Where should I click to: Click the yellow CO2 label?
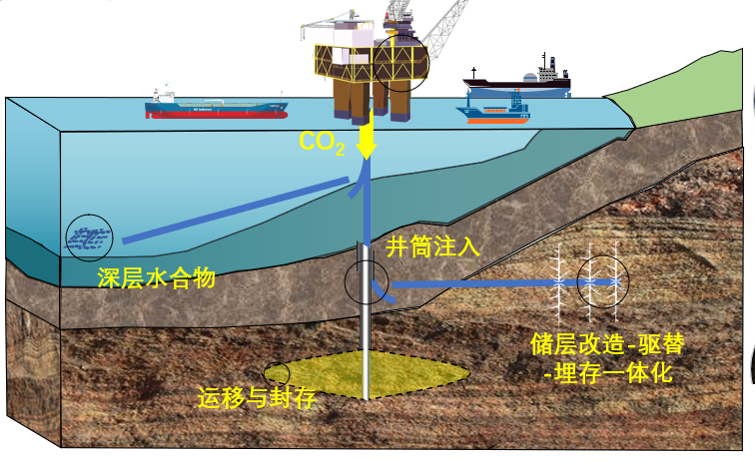pyautogui.click(x=323, y=143)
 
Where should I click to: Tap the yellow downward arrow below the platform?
pyautogui.click(x=367, y=136)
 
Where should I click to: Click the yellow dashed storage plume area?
pyautogui.click(x=399, y=375)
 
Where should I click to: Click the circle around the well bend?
pyautogui.click(x=366, y=282)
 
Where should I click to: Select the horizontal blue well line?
pyautogui.click(x=469, y=285)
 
